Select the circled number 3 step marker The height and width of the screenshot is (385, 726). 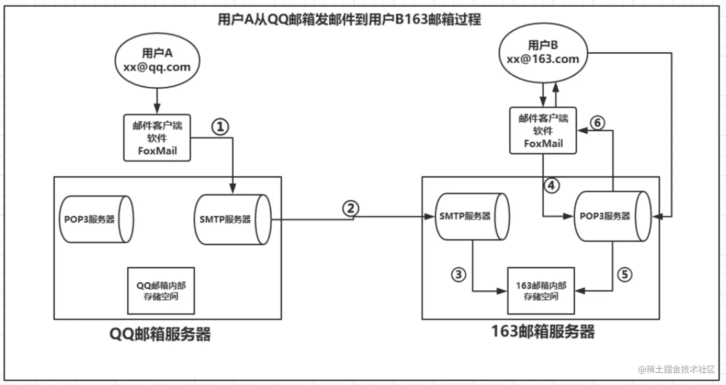[459, 274]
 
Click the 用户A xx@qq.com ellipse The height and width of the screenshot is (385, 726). [157, 61]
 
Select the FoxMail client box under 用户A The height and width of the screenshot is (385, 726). [157, 138]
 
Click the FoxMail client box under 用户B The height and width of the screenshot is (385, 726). [543, 131]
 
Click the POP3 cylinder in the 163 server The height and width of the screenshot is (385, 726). [613, 217]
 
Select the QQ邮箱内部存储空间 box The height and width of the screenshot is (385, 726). [161, 290]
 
